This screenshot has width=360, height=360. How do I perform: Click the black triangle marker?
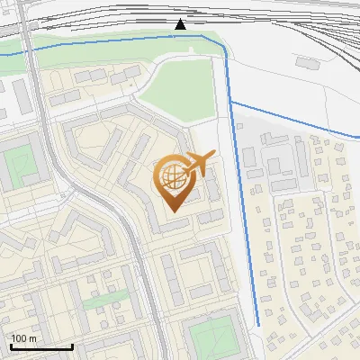(x=180, y=24)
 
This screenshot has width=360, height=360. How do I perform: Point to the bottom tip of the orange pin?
(x=172, y=211)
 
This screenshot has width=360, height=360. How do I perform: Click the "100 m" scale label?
(x=23, y=338)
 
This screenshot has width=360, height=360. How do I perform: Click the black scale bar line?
(x=41, y=346)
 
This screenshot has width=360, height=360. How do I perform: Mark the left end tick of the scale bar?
(x=11, y=346)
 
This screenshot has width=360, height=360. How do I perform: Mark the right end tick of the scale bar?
(x=72, y=346)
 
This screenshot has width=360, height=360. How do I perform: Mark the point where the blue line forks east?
(x=231, y=103)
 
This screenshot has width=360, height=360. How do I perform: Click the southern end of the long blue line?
(x=258, y=324)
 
